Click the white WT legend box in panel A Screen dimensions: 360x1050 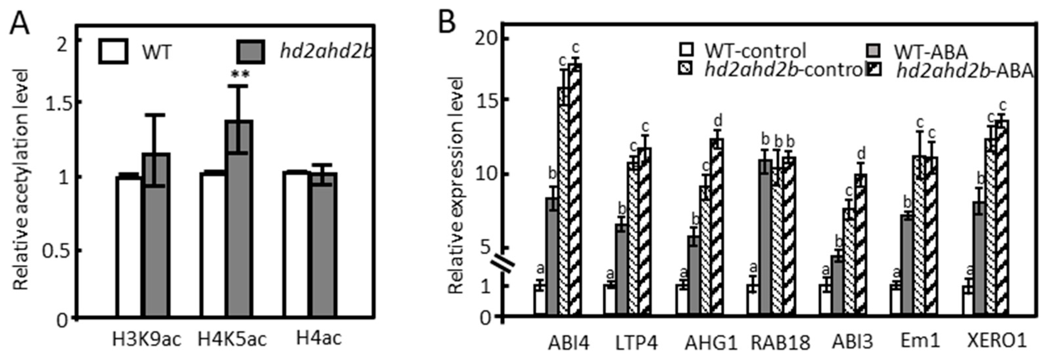coord(113,52)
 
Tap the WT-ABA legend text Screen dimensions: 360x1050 coord(931,52)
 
